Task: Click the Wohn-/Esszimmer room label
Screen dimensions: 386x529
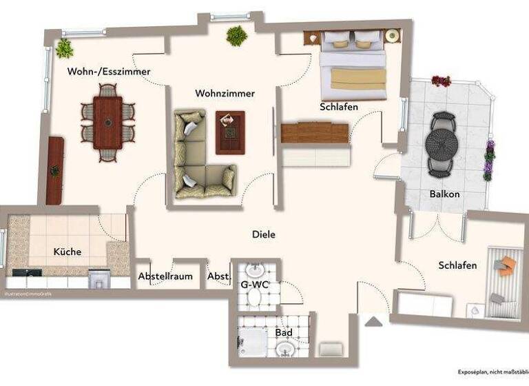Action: coord(109,72)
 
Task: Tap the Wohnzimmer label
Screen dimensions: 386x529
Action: coord(225,93)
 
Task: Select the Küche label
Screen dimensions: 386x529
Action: coord(68,252)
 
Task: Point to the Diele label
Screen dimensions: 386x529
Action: coord(263,234)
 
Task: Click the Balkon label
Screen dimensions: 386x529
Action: coord(444,194)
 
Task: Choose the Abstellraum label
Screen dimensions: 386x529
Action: coord(165,276)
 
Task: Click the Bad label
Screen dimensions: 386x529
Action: coord(284,333)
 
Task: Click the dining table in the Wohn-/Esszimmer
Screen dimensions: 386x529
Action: coord(108,122)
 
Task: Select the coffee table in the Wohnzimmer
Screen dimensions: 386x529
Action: coord(229,132)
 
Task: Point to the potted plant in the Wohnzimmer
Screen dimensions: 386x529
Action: coord(237,36)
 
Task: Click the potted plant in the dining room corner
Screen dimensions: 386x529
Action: coord(65,48)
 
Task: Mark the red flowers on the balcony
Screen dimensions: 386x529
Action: coord(441,81)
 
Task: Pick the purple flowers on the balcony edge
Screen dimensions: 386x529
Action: coord(489,159)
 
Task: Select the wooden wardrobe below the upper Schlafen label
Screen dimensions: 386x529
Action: coord(315,132)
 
